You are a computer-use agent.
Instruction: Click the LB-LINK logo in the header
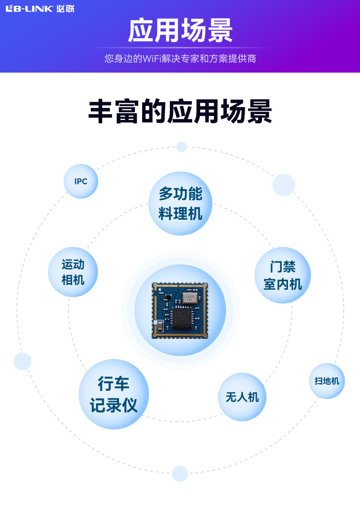40,9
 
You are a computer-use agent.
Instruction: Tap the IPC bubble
81,181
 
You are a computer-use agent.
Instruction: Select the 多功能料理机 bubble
180,203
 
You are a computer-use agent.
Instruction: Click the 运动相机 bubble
73,272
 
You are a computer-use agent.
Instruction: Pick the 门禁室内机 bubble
282,275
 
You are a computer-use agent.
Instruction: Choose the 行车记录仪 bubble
114,394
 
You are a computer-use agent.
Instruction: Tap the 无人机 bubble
242,397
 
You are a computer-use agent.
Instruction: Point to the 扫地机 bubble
327,381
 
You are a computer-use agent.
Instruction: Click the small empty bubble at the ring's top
181,147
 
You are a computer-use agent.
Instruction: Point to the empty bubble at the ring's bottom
180,473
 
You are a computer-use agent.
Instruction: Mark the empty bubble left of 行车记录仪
23,361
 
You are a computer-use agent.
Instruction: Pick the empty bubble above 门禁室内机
284,185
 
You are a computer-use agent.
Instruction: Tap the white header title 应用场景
180,31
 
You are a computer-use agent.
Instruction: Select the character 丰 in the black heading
101,112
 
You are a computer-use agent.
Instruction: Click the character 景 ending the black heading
260,112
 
